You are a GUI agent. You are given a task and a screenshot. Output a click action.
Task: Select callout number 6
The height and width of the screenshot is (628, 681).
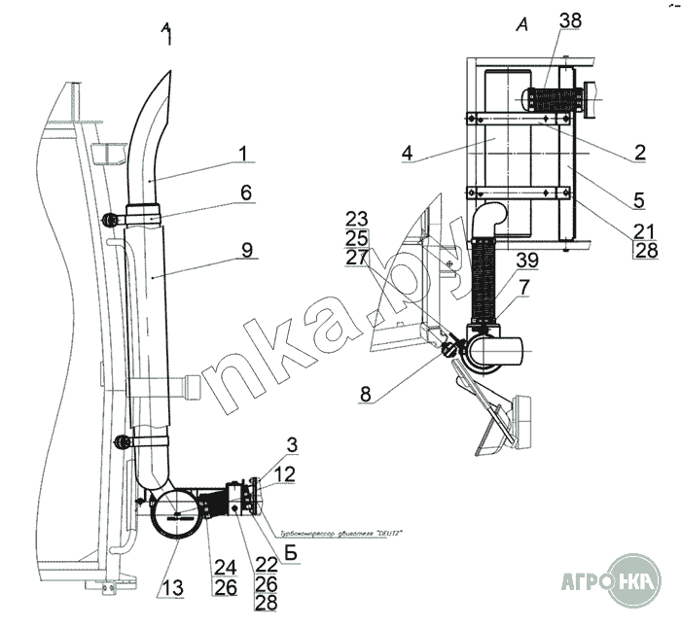[x=247, y=193]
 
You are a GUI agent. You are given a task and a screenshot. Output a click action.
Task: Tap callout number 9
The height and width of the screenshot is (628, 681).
[x=248, y=251]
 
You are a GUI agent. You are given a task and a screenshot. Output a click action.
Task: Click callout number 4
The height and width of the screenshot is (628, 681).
[x=408, y=153]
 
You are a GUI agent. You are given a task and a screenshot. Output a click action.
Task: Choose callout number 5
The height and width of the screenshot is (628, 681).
[x=638, y=200]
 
